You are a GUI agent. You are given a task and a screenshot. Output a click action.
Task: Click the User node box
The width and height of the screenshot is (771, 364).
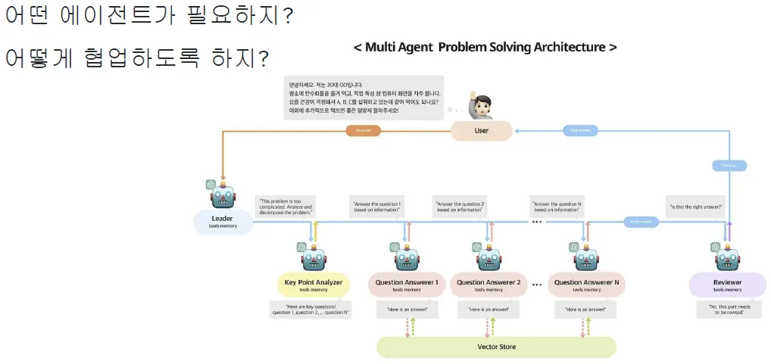(482, 131)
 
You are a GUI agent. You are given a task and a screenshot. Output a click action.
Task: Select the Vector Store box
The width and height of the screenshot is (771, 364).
(497, 347)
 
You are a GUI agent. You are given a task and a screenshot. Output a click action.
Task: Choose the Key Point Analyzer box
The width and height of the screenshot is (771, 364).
(314, 285)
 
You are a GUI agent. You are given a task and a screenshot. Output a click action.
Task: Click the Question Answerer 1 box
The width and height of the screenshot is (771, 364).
(407, 285)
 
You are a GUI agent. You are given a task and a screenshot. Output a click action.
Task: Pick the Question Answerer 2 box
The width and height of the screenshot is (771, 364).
(489, 285)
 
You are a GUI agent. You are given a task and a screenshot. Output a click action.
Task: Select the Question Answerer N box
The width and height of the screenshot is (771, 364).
(587, 285)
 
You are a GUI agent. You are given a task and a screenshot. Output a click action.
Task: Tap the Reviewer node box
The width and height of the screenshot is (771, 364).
(728, 285)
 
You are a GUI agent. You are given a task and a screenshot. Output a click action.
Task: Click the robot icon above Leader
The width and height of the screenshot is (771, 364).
(223, 195)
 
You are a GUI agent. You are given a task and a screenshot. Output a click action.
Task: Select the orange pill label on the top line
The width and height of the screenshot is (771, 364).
(363, 130)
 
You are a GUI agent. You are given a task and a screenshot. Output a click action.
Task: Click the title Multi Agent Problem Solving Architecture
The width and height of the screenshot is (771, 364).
(485, 47)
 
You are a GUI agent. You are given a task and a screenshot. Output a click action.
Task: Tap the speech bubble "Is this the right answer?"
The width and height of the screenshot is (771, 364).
(695, 207)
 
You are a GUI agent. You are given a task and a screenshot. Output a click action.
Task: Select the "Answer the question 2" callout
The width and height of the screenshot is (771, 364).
(459, 207)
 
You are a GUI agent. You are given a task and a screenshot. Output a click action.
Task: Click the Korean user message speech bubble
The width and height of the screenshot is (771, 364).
(364, 97)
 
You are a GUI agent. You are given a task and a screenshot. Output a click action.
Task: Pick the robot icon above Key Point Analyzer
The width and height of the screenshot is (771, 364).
(314, 258)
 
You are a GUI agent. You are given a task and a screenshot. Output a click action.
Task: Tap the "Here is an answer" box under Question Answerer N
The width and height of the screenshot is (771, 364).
(585, 310)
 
